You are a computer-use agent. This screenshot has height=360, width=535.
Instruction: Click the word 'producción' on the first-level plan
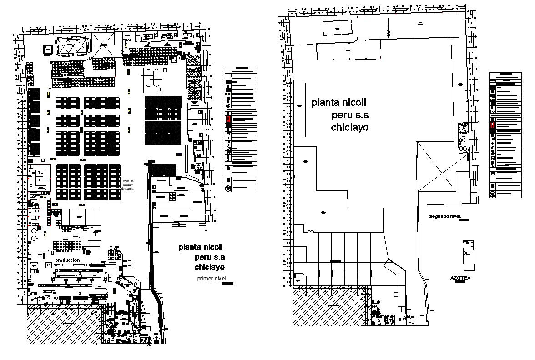(67, 260)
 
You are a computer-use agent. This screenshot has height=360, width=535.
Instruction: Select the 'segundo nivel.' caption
(445, 216)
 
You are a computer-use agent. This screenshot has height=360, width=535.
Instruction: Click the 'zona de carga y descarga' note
(128, 185)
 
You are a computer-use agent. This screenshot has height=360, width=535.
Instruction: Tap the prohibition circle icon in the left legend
(228, 188)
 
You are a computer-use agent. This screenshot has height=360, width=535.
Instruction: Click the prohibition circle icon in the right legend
(492, 195)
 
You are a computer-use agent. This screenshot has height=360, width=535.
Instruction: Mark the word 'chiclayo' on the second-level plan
(349, 127)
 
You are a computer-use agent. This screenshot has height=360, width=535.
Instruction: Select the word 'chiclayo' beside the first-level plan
(209, 266)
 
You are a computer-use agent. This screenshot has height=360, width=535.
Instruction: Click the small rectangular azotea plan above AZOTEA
(468, 255)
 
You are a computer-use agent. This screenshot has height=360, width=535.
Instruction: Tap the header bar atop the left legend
(241, 69)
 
